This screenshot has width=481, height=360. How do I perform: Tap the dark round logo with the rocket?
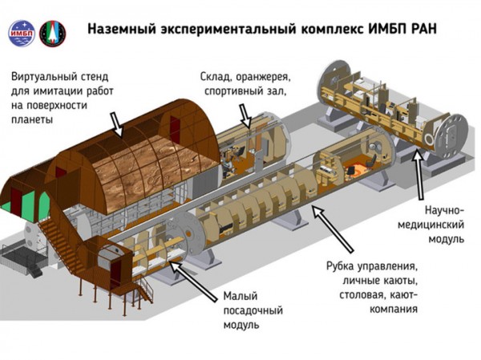(53, 33)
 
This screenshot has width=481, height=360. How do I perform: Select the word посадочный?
(256, 311)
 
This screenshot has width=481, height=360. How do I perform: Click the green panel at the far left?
(9, 205)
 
